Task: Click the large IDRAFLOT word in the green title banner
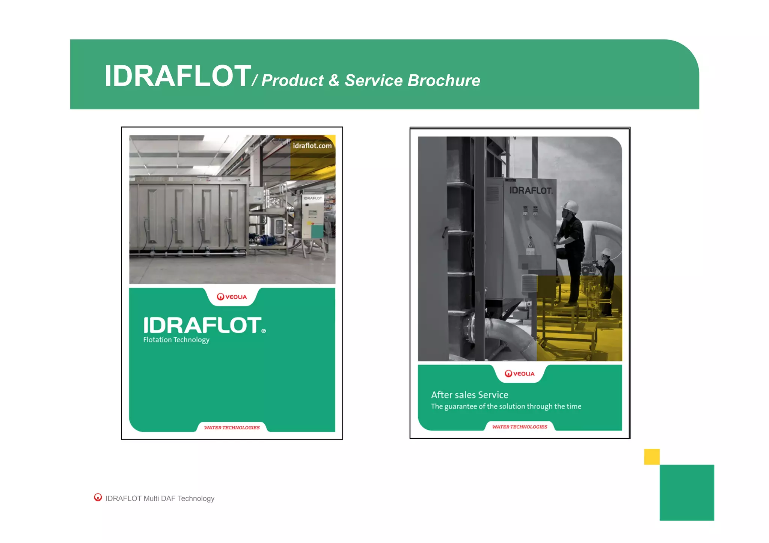point(177,76)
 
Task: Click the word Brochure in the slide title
point(444,80)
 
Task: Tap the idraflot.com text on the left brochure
point(312,146)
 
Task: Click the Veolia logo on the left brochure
point(232,297)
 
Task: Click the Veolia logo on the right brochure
point(519,373)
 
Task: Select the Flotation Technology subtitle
point(176,340)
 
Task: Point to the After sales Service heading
point(469,395)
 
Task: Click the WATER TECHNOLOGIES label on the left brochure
point(232,427)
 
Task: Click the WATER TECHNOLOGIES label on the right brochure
point(520,427)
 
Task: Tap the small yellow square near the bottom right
point(651,457)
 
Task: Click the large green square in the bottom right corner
point(686,492)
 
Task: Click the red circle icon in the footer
point(98,497)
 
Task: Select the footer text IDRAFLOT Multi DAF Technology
point(160,498)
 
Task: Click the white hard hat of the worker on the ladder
point(571,206)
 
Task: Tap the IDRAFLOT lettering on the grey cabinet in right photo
point(531,191)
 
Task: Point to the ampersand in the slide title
point(334,80)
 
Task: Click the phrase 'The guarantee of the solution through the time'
point(506,406)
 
